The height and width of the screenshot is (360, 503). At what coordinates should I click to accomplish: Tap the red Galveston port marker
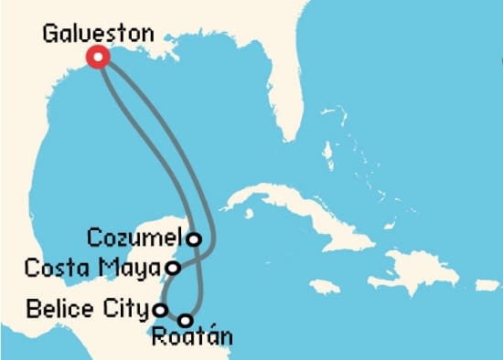point(98,58)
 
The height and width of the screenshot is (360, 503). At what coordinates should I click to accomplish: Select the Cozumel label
point(135,238)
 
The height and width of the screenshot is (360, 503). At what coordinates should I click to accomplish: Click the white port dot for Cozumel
point(194,239)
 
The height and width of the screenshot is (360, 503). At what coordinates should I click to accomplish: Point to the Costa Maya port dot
point(172,268)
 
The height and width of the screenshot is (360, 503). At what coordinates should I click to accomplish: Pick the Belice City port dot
point(160,309)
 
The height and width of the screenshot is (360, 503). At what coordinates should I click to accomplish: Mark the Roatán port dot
point(185,321)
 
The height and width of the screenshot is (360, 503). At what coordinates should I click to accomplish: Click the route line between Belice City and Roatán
point(172,316)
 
